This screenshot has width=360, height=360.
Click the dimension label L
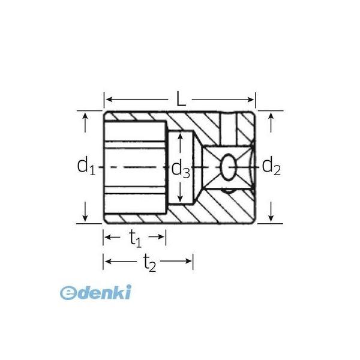pyautogui.click(x=181, y=99)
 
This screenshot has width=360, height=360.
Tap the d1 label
pyautogui.click(x=86, y=166)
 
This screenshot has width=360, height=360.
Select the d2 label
pyautogui.click(x=271, y=166)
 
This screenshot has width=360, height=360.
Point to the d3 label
pyautogui.click(x=181, y=169)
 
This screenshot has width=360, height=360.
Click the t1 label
pyautogui.click(x=136, y=239)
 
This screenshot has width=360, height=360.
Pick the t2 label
pyautogui.click(x=149, y=263)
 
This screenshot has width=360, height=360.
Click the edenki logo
pyautogui.click(x=95, y=292)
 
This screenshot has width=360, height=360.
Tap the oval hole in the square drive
pyautogui.click(x=228, y=167)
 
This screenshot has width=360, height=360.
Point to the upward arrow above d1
pyautogui.click(x=85, y=122)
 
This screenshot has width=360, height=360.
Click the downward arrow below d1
pyautogui.click(x=85, y=212)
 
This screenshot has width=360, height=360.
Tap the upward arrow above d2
pyautogui.click(x=271, y=122)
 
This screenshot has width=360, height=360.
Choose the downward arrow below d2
pyautogui.click(x=271, y=212)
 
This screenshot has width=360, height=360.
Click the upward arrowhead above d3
pyautogui.click(x=181, y=136)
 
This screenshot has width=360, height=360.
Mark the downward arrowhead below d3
pyautogui.click(x=181, y=199)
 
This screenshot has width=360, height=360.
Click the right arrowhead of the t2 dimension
pyautogui.click(x=189, y=261)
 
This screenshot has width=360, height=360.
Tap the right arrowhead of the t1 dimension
pyautogui.click(x=161, y=237)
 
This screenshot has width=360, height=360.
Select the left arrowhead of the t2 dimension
pyautogui.click(x=108, y=261)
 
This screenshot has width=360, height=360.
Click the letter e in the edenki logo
pyautogui.click(x=68, y=293)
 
